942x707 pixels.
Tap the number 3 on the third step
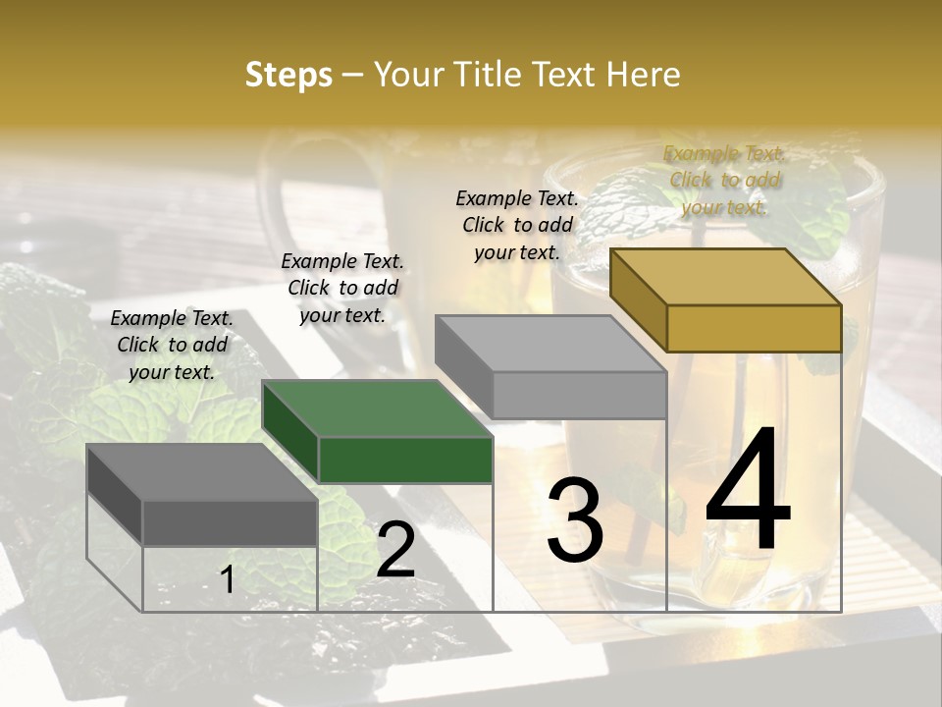click(574, 520)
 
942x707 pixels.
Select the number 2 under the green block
click(395, 550)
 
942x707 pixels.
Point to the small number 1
click(227, 580)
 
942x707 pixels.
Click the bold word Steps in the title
click(288, 75)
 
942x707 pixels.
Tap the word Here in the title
click(644, 75)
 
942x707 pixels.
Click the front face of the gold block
click(754, 328)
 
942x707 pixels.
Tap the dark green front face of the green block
click(405, 460)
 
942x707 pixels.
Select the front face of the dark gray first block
click(230, 522)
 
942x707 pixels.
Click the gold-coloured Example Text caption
click(724, 180)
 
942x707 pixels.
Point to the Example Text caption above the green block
click(342, 288)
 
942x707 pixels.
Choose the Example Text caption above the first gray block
click(172, 345)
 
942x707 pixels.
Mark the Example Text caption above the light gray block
click(517, 224)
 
